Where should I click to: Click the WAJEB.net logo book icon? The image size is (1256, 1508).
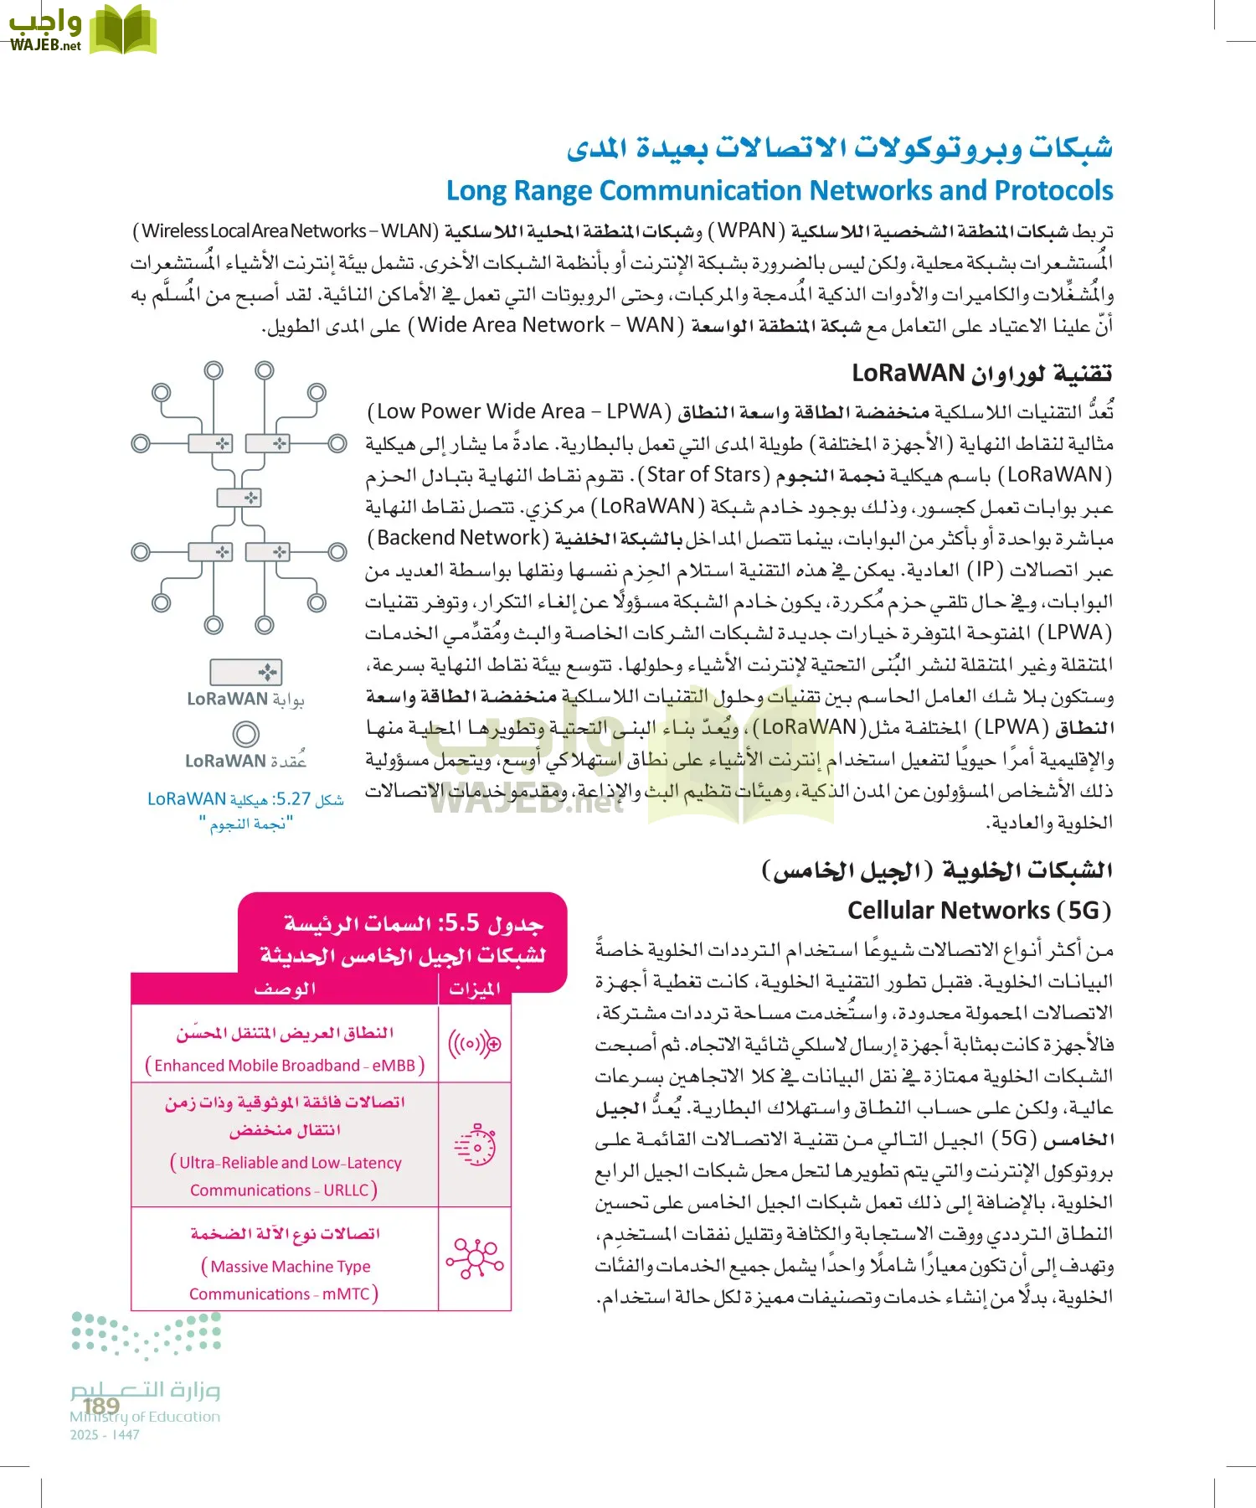(123, 29)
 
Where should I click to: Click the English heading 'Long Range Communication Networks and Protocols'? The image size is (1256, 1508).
(779, 191)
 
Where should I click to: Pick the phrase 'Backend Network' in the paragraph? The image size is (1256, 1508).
(459, 538)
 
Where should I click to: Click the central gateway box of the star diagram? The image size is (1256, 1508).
(239, 498)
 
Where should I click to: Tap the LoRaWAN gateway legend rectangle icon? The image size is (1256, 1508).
(246, 672)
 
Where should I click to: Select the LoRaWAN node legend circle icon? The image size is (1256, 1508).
(246, 734)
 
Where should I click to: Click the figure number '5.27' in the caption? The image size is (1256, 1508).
(292, 799)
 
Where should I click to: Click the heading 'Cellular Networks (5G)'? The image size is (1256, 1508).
(979, 911)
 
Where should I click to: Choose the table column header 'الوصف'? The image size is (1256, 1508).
(285, 989)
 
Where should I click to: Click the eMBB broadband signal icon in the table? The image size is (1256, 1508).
(475, 1044)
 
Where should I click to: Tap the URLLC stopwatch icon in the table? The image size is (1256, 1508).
(475, 1144)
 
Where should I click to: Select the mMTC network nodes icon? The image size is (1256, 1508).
(475, 1258)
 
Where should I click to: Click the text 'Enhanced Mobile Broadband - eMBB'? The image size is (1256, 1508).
(285, 1066)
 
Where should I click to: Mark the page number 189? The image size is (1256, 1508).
(101, 1405)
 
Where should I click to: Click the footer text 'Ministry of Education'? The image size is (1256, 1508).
(145, 1417)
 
